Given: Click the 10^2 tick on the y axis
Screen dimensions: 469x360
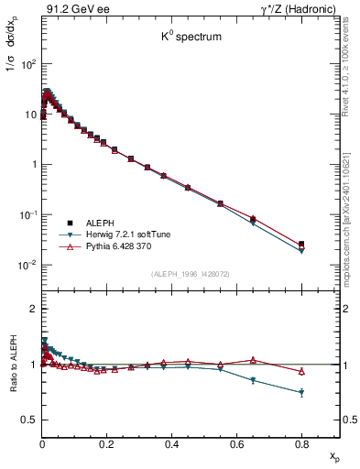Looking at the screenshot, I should coord(28,64).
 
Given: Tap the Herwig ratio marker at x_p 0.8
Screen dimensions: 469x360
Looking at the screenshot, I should coord(301,393).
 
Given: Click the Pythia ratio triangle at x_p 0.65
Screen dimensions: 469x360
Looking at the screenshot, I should coord(253,360).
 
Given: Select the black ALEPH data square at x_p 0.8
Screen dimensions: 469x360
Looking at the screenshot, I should coord(301,244).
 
